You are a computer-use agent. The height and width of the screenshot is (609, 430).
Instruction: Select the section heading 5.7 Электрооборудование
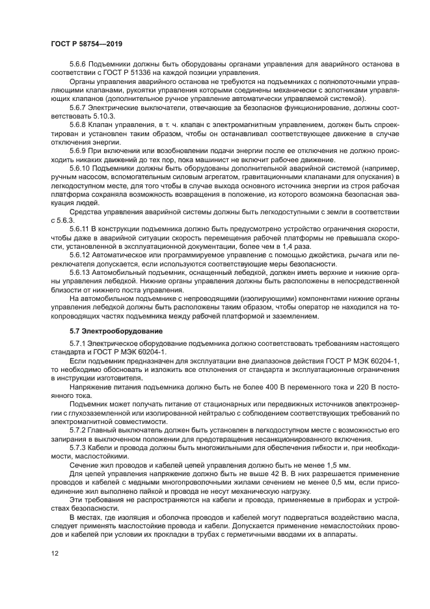point(116,332)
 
